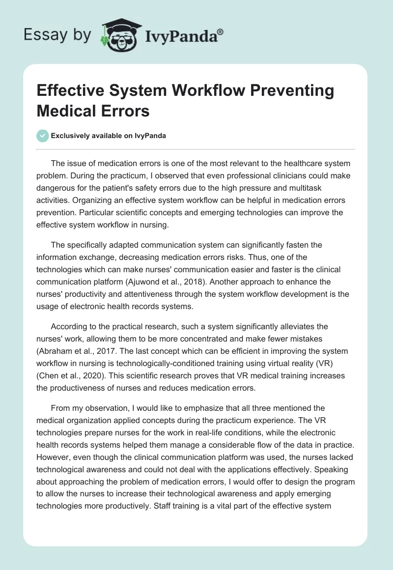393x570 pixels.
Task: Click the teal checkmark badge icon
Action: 43,136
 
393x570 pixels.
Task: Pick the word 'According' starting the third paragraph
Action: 70,326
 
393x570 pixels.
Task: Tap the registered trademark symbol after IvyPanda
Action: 221,31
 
